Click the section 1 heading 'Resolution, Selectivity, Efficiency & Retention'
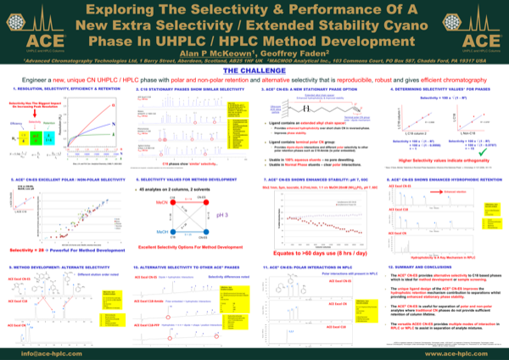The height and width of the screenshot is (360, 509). (x=61, y=88)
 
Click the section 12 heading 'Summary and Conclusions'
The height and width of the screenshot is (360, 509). (x=426, y=267)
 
